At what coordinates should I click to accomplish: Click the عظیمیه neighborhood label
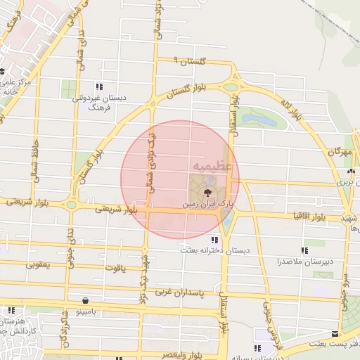pyautogui.click(x=210, y=166)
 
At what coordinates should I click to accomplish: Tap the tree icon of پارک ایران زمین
pyautogui.click(x=207, y=191)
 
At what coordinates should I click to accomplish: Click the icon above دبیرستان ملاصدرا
pyautogui.click(x=304, y=250)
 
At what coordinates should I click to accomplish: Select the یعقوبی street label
pyautogui.click(x=40, y=265)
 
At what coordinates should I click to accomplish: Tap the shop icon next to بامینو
pyautogui.click(x=85, y=298)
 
